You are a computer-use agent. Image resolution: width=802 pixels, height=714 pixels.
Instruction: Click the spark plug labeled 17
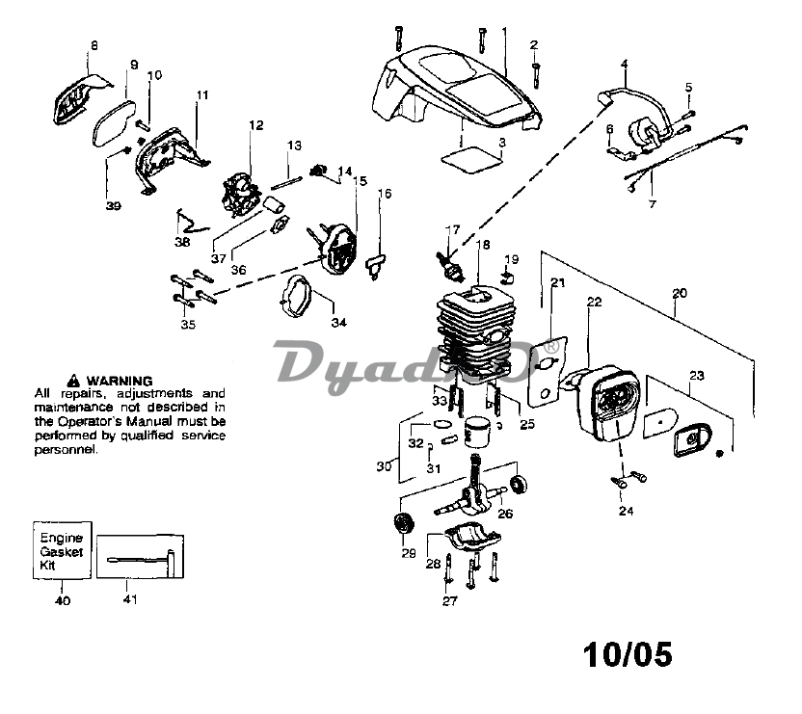448,265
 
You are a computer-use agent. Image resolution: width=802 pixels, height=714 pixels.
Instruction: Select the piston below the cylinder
477,431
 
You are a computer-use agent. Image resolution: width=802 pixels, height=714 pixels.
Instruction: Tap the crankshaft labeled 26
470,489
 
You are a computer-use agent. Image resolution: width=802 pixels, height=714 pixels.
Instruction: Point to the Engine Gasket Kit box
62,550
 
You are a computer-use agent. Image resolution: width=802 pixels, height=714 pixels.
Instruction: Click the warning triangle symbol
73,381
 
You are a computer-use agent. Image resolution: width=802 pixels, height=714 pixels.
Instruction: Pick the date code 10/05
628,654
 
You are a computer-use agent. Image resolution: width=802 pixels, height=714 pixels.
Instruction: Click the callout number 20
680,294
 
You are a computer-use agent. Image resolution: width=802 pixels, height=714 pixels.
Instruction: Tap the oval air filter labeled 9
114,122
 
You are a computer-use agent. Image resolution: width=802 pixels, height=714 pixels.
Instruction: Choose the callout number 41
130,599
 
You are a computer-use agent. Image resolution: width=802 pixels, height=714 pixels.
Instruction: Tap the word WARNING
120,381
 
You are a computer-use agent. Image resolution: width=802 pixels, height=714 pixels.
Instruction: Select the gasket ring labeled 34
296,296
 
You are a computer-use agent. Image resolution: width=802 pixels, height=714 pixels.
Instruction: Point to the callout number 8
94,45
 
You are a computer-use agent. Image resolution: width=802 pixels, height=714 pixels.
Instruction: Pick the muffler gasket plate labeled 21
548,371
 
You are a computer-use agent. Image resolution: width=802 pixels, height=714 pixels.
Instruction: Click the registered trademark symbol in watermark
551,347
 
